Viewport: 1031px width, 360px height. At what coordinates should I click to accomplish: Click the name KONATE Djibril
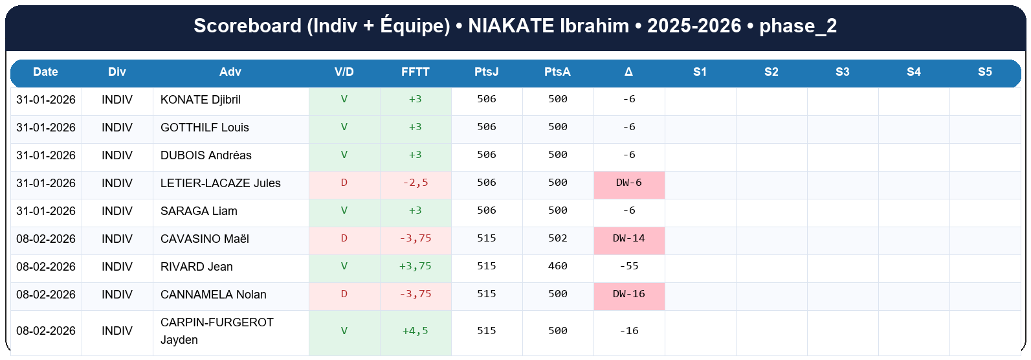(201, 100)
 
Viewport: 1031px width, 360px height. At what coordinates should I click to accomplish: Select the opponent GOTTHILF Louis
(205, 128)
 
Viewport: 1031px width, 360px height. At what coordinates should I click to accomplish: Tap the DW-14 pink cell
(629, 238)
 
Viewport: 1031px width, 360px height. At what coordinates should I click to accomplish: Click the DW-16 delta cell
(629, 294)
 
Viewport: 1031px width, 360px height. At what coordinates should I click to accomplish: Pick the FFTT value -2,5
(416, 183)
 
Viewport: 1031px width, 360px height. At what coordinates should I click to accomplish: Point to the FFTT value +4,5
(416, 331)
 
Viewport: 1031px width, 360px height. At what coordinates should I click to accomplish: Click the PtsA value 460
(558, 266)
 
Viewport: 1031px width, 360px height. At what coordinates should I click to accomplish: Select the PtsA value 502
(558, 238)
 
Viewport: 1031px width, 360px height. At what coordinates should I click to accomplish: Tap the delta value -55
(629, 266)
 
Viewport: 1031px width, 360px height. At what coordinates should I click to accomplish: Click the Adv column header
(230, 72)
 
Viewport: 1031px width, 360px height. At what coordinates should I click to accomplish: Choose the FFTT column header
(416, 72)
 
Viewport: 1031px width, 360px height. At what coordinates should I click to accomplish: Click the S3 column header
(843, 72)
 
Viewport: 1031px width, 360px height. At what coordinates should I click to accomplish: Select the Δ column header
(629, 72)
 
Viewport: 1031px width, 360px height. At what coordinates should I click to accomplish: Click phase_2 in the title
(798, 26)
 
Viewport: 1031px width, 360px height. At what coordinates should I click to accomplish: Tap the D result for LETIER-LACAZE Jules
(344, 183)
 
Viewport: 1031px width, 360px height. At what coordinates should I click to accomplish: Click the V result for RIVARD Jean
(344, 266)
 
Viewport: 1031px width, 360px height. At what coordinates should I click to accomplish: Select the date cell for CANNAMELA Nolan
(46, 295)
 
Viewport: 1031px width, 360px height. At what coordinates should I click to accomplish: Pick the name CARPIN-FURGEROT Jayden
(217, 331)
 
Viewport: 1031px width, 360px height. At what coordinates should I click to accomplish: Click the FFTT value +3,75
(416, 266)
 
